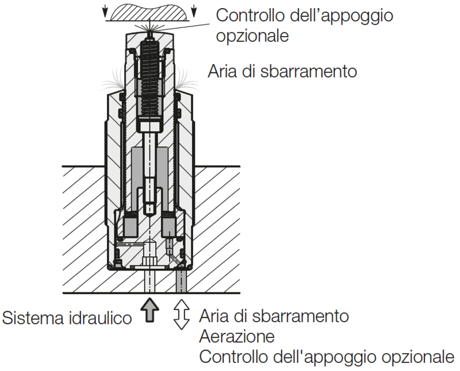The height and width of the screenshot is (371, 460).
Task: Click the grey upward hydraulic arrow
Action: tap(149, 310)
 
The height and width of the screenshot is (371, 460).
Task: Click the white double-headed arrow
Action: tap(182, 315)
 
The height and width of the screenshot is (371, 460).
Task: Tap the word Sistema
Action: tap(33, 318)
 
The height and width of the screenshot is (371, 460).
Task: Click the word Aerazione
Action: tap(237, 337)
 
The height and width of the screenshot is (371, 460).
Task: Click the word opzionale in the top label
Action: tap(252, 36)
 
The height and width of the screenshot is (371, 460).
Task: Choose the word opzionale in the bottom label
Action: tap(418, 357)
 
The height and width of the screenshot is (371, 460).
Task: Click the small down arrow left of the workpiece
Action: tap(105, 11)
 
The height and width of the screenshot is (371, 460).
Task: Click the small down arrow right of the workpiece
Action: tap(194, 11)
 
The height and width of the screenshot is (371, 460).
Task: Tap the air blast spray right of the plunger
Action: tap(186, 79)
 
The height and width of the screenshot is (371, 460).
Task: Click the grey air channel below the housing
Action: tap(181, 281)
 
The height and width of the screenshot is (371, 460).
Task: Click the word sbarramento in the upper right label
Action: tap(308, 71)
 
